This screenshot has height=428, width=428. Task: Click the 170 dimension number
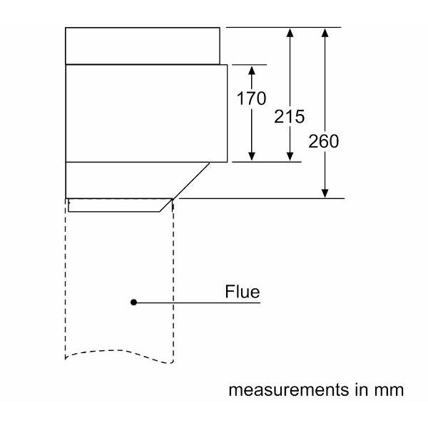(251, 98)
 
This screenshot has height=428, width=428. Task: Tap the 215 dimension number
(290, 117)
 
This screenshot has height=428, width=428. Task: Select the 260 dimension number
(324, 141)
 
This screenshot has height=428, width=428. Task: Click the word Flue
(242, 292)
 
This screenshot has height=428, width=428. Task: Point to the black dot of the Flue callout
(133, 302)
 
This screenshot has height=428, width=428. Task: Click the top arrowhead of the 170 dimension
(251, 70)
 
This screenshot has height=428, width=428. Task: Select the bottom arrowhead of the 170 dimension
(251, 156)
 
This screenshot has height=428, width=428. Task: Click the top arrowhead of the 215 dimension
(290, 33)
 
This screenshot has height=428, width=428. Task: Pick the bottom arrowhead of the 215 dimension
(290, 156)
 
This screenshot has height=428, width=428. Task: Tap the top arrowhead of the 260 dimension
(325, 33)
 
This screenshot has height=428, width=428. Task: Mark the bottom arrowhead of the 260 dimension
(325, 193)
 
